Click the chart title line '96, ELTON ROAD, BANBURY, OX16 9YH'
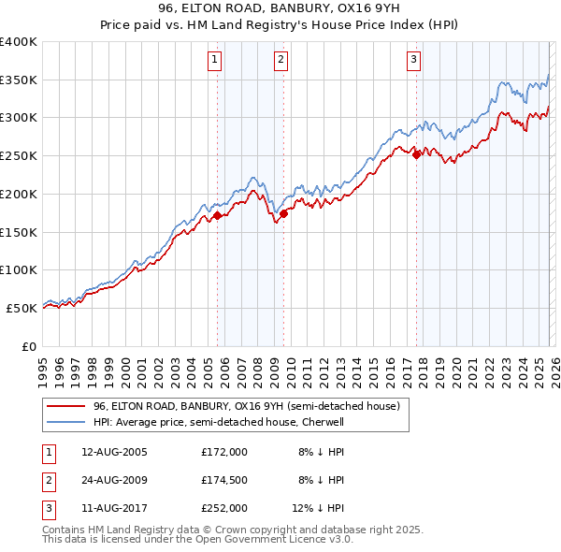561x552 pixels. coord(280,9)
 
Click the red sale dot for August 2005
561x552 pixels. coord(218,215)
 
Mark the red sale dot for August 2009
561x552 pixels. coord(284,213)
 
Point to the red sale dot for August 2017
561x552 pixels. coord(417,155)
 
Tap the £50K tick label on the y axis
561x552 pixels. coord(22,308)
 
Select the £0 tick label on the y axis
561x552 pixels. coord(29,346)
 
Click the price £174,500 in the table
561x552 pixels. coord(224,480)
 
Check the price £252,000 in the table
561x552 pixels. coord(224,508)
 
